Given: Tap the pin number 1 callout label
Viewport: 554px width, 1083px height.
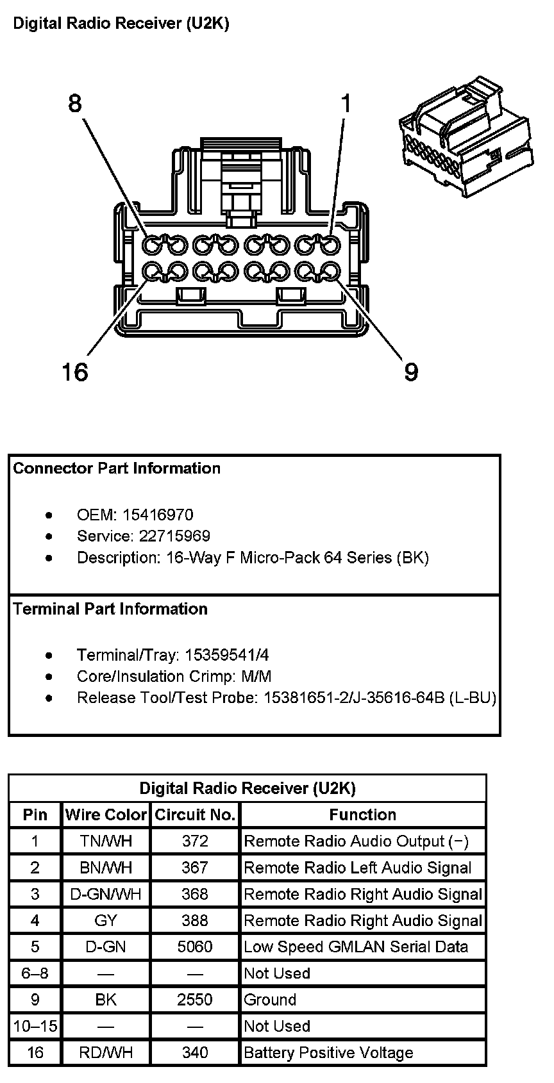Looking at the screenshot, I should pos(346,103).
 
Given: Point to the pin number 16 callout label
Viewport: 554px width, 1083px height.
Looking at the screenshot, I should pos(74,371).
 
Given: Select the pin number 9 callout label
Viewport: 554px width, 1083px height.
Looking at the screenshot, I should pos(411,372).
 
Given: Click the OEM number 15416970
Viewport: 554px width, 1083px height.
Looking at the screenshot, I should pos(158,515).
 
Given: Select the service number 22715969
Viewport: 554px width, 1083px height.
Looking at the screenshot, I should pos(174,536).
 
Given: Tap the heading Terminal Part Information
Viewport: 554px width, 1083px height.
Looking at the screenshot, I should pos(110,609).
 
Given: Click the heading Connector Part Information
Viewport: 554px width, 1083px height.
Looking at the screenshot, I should pos(117,468).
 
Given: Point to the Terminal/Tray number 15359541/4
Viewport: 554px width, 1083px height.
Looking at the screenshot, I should pos(227,655).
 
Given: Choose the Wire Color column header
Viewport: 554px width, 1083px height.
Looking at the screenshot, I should pos(106,814).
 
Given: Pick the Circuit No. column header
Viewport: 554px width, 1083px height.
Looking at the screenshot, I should pos(195,814).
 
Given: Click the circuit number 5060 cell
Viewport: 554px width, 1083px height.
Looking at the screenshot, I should pos(195,947).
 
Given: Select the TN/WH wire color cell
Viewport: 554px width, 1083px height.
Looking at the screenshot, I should pos(106,841).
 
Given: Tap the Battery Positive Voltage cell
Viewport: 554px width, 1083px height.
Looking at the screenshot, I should pos(328,1052).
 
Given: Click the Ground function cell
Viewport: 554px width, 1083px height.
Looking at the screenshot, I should pos(270,1000).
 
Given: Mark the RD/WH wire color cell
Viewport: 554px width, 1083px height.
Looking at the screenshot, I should pos(106,1052).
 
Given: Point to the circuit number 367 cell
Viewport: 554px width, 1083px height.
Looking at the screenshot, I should pos(195,868).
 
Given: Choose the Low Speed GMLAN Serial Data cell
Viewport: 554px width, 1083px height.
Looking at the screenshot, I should pos(356,947).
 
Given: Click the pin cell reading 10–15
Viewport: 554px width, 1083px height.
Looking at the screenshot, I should pos(35,1026).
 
